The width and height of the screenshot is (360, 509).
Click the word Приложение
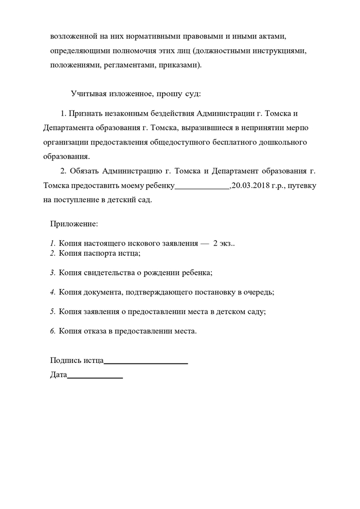point(74,224)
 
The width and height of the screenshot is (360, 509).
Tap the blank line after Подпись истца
point(146,361)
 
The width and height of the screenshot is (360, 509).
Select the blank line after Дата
point(95,375)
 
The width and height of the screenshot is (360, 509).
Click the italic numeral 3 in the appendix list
point(52,272)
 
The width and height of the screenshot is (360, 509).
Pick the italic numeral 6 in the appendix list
point(52,331)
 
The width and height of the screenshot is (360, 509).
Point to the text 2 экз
point(224,243)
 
